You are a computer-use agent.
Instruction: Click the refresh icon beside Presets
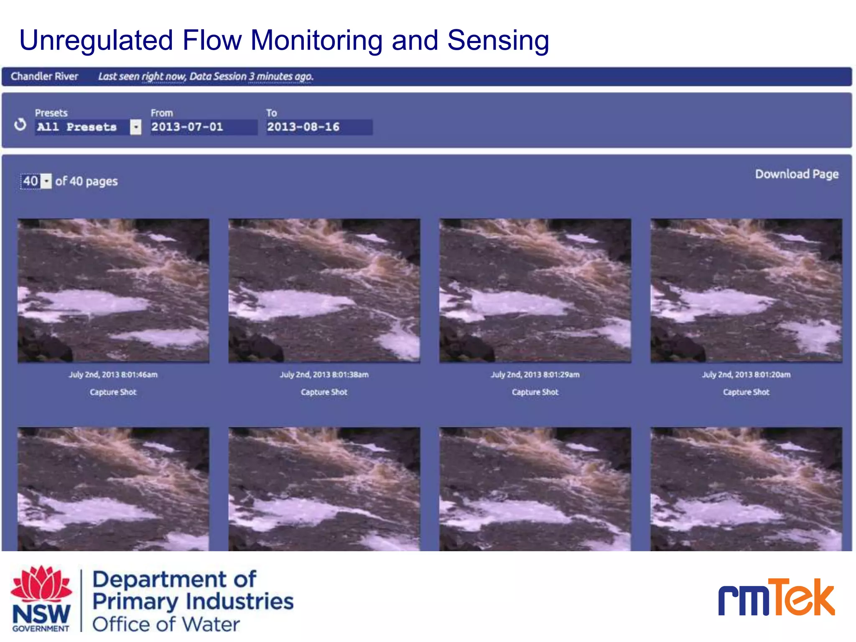20,125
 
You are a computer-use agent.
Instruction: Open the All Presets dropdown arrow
135,127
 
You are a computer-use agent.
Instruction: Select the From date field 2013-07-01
203,127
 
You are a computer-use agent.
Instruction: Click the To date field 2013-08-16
318,127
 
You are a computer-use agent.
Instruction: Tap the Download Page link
796,174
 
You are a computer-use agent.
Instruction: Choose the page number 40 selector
36,181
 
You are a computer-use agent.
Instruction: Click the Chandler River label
44,76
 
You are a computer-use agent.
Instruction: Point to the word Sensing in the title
498,41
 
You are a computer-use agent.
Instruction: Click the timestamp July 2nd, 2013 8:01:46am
113,374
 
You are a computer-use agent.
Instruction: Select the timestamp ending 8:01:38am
324,374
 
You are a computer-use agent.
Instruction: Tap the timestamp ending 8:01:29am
535,374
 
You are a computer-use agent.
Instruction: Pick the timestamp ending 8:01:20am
746,374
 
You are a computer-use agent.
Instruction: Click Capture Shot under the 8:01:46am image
113,392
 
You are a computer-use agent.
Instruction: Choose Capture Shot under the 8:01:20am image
746,392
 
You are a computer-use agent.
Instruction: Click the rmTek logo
776,598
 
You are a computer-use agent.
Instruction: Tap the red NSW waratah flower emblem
41,583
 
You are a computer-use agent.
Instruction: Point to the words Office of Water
166,624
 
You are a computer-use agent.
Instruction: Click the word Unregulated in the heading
96,41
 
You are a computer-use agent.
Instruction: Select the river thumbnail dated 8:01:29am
535,290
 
